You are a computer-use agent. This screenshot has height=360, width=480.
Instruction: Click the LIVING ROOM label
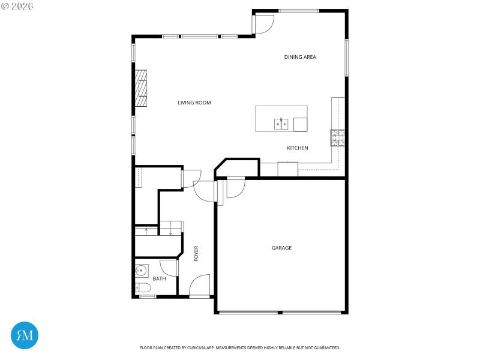point(194,103)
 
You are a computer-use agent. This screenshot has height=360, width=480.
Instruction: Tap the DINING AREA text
point(300,57)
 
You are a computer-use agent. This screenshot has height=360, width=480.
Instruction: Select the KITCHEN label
point(297,148)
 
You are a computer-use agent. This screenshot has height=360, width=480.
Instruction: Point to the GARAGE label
point(281,247)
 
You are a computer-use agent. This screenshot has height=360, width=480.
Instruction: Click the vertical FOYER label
point(196,253)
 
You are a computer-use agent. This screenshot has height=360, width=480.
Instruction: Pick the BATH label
point(159,278)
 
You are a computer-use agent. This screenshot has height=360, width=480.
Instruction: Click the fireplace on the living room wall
point(141,89)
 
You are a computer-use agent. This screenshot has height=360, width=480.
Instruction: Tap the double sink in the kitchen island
point(281,124)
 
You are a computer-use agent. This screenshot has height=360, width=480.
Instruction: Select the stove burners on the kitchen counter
point(337,138)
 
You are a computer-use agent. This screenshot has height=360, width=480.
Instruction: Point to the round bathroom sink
point(142,269)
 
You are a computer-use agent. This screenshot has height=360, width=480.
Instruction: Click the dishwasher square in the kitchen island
point(300,124)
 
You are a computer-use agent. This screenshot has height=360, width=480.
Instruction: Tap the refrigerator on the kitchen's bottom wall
point(287,169)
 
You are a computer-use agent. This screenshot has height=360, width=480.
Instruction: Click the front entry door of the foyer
point(199,286)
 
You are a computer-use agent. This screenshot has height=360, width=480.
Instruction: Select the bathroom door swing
point(169,268)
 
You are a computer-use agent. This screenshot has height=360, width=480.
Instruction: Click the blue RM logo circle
point(25,335)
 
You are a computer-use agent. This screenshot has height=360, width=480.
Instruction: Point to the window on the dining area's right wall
point(346,58)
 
